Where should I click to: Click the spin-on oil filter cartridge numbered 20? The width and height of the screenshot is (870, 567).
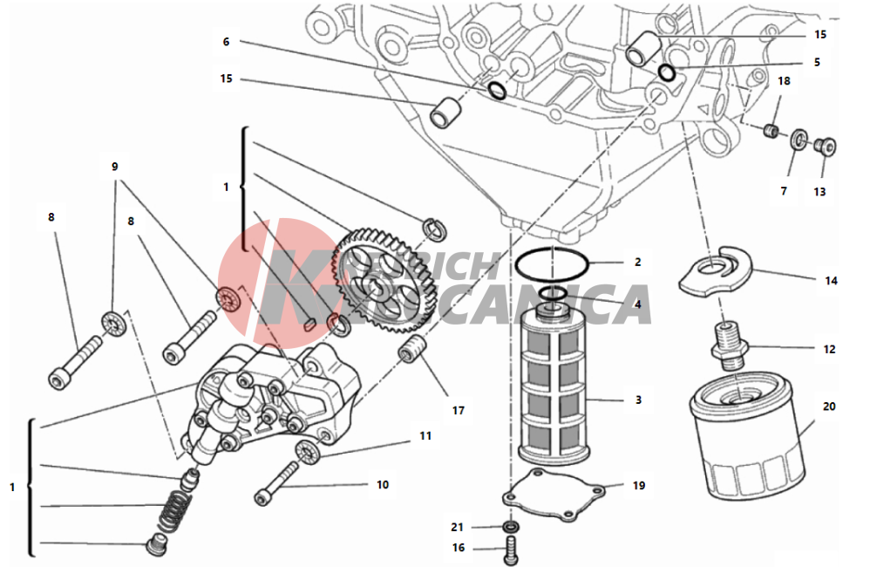tap(747, 446)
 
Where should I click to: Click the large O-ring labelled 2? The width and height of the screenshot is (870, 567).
tap(552, 264)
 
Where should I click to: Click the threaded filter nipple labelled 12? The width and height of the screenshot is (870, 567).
tap(728, 345)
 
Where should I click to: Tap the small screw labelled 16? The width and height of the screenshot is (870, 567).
tap(512, 550)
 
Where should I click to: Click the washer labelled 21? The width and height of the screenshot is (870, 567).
tap(512, 528)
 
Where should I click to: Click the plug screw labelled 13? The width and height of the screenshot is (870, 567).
tap(825, 147)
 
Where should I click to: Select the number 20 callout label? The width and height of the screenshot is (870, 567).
tap(828, 406)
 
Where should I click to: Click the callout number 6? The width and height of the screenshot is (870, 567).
tap(226, 41)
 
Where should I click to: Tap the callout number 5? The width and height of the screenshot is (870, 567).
tap(817, 62)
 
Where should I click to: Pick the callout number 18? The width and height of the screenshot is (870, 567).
tap(784, 81)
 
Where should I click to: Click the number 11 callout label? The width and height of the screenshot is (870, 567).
tap(425, 434)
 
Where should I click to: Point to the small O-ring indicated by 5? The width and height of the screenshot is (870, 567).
tap(667, 73)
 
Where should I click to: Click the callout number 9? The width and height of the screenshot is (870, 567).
tap(113, 166)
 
